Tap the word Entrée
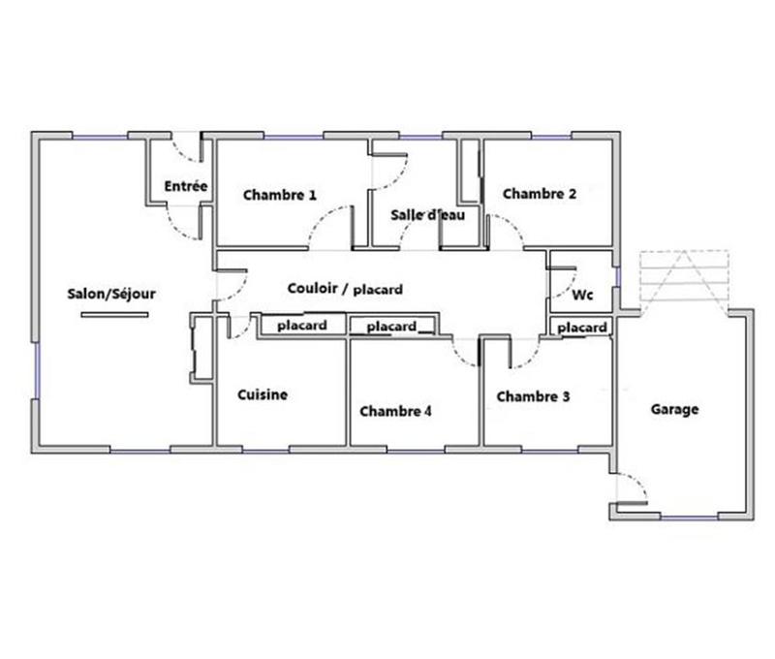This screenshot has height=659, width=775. click(185, 186)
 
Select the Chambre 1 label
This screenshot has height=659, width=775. click(280, 195)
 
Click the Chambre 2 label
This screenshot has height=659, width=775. click(540, 194)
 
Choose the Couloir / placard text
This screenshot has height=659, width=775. click(345, 289)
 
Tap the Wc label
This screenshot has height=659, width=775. click(583, 294)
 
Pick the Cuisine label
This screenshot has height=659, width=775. click(263, 394)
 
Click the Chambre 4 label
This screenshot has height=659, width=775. click(395, 411)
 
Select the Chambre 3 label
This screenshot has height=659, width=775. click(533, 396)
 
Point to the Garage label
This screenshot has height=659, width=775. click(674, 410)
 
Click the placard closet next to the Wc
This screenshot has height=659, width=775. click(582, 328)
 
